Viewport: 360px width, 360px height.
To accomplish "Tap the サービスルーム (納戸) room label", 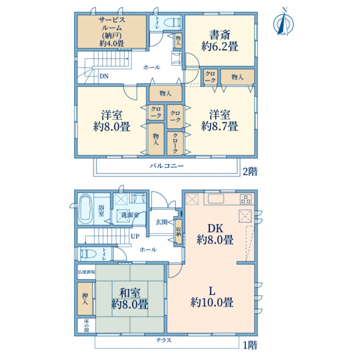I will pos(112,31).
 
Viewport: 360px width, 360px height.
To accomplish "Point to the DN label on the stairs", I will pos(103,76).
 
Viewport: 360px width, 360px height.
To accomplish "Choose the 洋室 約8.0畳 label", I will pos(112,120).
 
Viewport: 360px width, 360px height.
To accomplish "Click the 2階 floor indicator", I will pos(250,171).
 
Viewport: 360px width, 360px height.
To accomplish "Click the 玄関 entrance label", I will pos(162,222).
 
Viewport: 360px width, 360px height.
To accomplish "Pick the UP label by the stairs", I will pos(136,236).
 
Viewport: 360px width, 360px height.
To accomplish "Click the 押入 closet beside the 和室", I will pos(85,298).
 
